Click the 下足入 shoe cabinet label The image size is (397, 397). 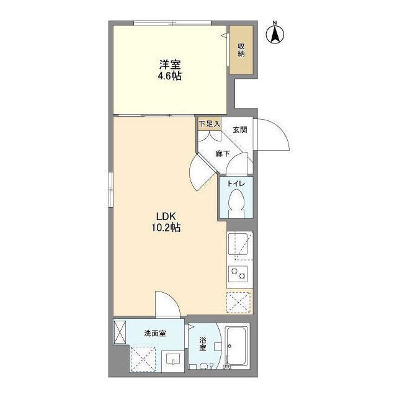[x=209, y=123]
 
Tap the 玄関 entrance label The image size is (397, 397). [x=240, y=130]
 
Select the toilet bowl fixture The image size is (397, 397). [x=236, y=202]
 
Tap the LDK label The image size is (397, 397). [x=166, y=216]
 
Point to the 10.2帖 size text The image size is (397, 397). [x=166, y=228]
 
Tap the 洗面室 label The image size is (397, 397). [x=154, y=333]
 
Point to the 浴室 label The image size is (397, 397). [x=203, y=344]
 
